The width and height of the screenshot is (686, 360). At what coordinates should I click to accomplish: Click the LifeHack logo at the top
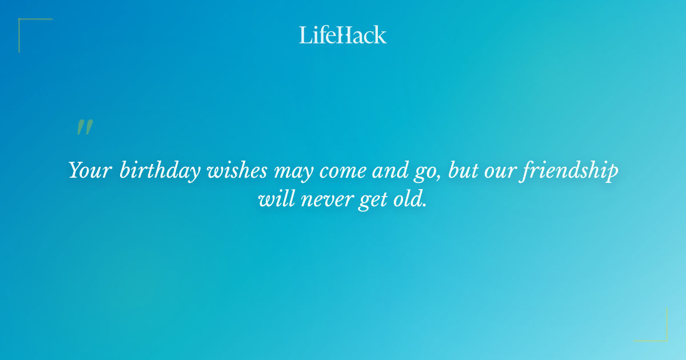[x=343, y=35]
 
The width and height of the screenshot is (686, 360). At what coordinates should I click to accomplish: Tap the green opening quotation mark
[x=85, y=127]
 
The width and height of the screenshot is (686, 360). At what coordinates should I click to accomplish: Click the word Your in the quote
[x=90, y=171]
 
